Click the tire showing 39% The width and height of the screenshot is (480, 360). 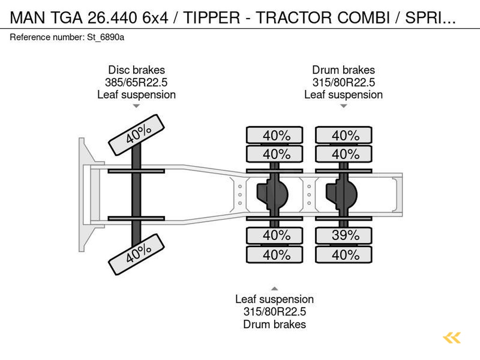[x=344, y=236]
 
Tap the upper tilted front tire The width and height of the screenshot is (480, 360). [x=136, y=135]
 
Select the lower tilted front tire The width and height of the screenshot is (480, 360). [x=136, y=254]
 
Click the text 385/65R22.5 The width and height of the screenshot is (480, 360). [x=136, y=82]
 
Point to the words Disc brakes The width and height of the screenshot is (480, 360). [x=136, y=70]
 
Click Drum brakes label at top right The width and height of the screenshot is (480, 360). [x=344, y=70]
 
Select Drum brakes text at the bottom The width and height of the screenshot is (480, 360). [x=274, y=324]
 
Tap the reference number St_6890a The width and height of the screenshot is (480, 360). [x=105, y=37]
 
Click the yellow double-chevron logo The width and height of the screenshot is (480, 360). [x=451, y=338]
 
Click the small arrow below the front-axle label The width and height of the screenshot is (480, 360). [x=136, y=106]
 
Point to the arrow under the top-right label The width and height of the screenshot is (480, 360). [x=343, y=106]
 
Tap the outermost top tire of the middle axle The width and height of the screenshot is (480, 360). [x=275, y=135]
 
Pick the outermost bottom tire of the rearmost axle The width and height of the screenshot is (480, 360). [x=344, y=255]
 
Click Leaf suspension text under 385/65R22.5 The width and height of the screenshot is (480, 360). [x=136, y=95]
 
